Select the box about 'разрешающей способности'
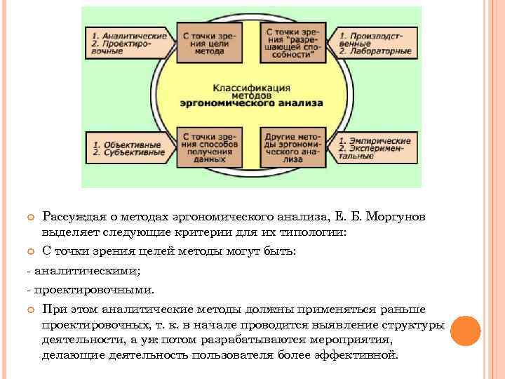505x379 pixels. (291, 42)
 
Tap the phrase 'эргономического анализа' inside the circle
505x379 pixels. (251, 102)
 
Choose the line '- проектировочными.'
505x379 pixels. (89, 289)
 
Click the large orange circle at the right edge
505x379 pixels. (465, 331)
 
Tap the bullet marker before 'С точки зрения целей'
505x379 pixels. (30, 251)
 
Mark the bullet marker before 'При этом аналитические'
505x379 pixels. (30, 310)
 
